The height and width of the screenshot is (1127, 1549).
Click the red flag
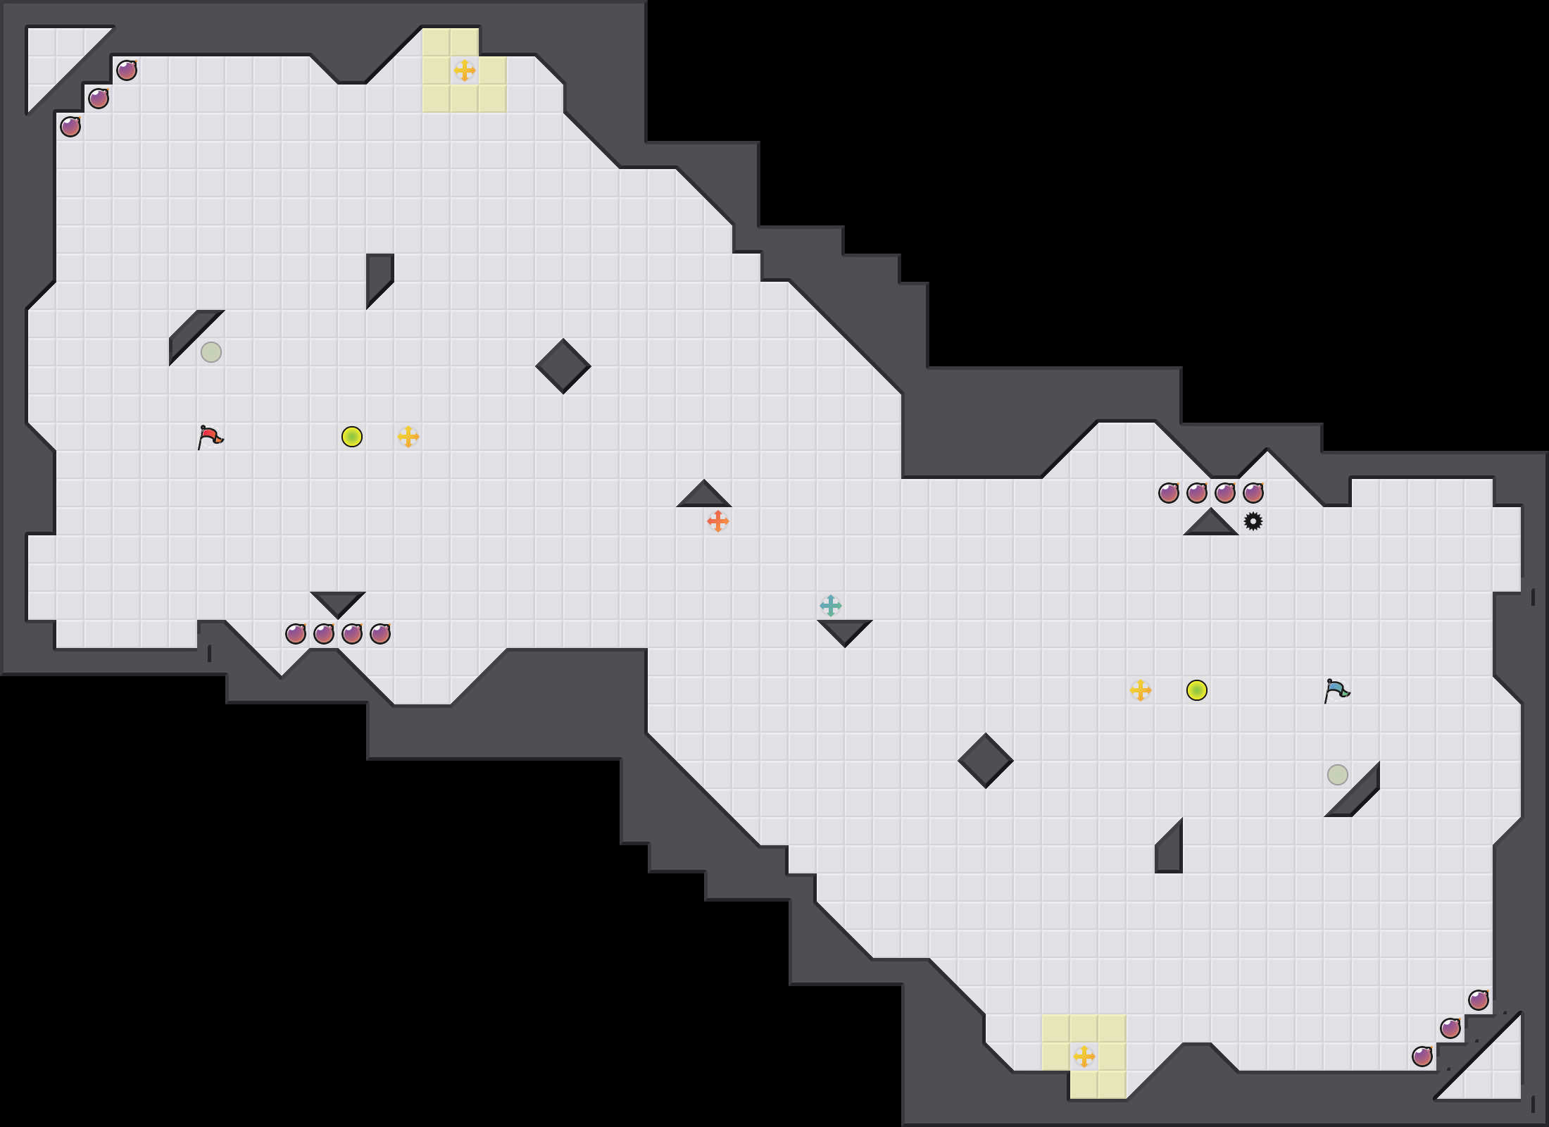pyautogui.click(x=210, y=437)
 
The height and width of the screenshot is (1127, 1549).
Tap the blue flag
pyautogui.click(x=1336, y=691)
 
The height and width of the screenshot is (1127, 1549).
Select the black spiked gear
pyautogui.click(x=1253, y=521)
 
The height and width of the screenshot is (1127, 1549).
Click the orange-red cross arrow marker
pyautogui.click(x=718, y=521)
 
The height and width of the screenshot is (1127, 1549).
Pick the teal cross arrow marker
pyautogui.click(x=831, y=606)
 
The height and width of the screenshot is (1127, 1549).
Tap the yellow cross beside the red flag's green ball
pyautogui.click(x=408, y=437)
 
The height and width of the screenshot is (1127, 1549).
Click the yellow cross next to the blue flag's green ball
pyautogui.click(x=1141, y=690)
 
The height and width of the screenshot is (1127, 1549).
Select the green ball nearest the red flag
pyautogui.click(x=352, y=437)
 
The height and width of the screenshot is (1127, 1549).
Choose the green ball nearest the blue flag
pyautogui.click(x=1197, y=690)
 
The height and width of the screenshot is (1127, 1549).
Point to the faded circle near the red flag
pyautogui.click(x=211, y=352)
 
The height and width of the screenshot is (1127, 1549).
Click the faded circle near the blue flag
pyautogui.click(x=1338, y=775)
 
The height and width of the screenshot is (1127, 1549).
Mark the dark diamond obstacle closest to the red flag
pyautogui.click(x=563, y=366)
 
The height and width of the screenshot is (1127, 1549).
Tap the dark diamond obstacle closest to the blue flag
pyautogui.click(x=986, y=761)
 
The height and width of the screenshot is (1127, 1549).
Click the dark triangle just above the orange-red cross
pyautogui.click(x=704, y=497)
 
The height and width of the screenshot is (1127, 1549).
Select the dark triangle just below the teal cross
pyautogui.click(x=845, y=630)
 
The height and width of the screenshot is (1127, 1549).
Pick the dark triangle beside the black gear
pyautogui.click(x=1211, y=525)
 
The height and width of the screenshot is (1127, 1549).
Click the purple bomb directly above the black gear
pyautogui.click(x=1253, y=493)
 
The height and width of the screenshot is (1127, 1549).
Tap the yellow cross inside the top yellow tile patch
pyautogui.click(x=465, y=70)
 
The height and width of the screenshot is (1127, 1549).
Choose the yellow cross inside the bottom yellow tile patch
pyautogui.click(x=1084, y=1057)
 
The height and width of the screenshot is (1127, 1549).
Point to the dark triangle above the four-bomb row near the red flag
pyautogui.click(x=338, y=602)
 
